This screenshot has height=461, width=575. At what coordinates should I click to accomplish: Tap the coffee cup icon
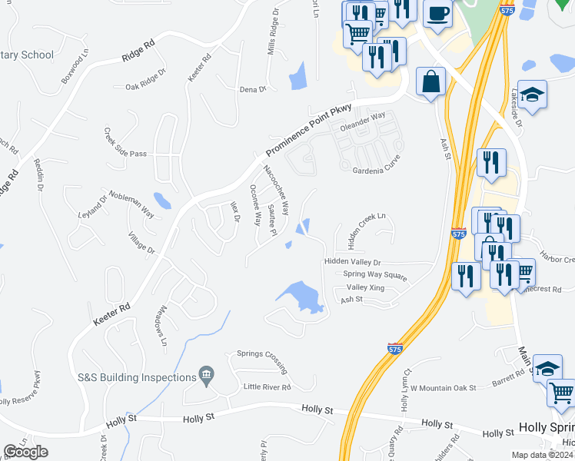pyautogui.click(x=437, y=14)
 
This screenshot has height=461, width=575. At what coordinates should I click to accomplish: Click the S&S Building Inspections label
pyautogui.click(x=137, y=377)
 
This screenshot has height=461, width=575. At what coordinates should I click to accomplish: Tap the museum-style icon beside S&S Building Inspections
pyautogui.click(x=206, y=375)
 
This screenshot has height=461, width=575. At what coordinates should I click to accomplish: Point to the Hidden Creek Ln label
pyautogui.click(x=367, y=230)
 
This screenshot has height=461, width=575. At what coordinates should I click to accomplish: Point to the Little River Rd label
pyautogui.click(x=267, y=386)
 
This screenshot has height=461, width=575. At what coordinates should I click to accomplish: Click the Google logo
pyautogui.click(x=26, y=452)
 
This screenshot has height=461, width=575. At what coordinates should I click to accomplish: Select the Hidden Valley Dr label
pyautogui.click(x=353, y=262)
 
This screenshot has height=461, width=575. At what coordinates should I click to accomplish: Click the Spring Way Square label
pyautogui.click(x=374, y=274)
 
